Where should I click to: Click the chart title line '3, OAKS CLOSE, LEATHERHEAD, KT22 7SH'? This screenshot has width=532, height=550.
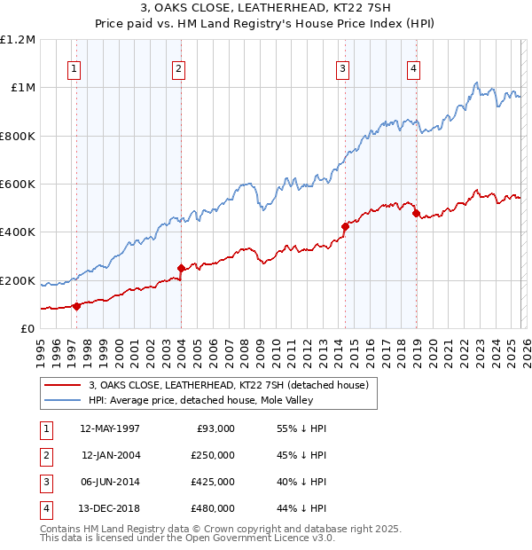pyautogui.click(x=266, y=7)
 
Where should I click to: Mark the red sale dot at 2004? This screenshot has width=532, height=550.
pyautogui.click(x=181, y=268)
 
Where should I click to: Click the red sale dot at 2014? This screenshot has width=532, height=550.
pyautogui.click(x=345, y=226)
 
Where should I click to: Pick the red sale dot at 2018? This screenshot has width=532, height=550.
pyautogui.click(x=416, y=213)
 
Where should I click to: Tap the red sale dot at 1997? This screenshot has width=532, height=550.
pyautogui.click(x=76, y=306)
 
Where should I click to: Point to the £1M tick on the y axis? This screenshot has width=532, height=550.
pyautogui.click(x=22, y=88)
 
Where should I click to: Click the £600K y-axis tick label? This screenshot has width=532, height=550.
pyautogui.click(x=18, y=185)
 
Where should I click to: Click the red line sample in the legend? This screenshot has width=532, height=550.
pyautogui.click(x=62, y=385)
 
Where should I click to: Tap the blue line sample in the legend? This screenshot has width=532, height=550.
pyautogui.click(x=62, y=401)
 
